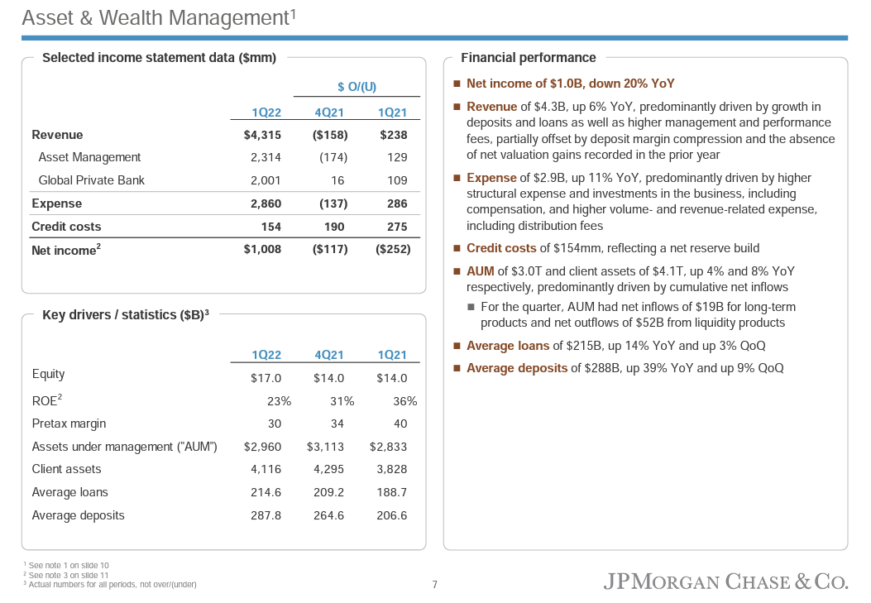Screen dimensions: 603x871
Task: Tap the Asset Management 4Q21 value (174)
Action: tap(333, 157)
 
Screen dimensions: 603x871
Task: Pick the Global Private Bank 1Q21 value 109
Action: tap(397, 180)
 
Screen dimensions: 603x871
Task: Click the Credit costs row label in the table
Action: tap(66, 227)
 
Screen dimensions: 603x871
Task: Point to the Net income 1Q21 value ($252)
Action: tap(392, 249)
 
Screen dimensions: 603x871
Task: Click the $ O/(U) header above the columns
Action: tap(357, 87)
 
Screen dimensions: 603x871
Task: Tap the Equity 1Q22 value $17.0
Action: tap(266, 378)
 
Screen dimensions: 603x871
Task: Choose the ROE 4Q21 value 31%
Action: tap(342, 401)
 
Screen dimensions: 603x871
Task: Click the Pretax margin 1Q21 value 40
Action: tap(400, 424)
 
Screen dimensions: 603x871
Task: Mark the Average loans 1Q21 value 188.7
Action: tap(392, 492)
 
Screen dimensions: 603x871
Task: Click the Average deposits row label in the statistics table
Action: tap(78, 515)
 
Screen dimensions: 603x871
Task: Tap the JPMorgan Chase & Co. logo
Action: tap(725, 581)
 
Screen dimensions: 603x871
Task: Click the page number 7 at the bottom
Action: tap(435, 585)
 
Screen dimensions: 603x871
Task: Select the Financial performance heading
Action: tap(528, 58)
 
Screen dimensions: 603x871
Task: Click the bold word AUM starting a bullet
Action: tap(481, 271)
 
